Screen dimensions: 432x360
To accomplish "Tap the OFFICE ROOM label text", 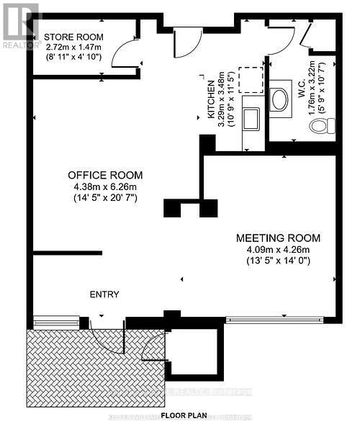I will tap(105, 175).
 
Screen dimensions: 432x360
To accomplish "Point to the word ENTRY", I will tap(104, 294).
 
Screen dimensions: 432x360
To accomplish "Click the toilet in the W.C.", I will tap(321, 127).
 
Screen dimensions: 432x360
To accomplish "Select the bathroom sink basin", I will tap(280, 99).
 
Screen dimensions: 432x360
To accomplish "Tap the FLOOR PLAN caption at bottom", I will tap(185, 416).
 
